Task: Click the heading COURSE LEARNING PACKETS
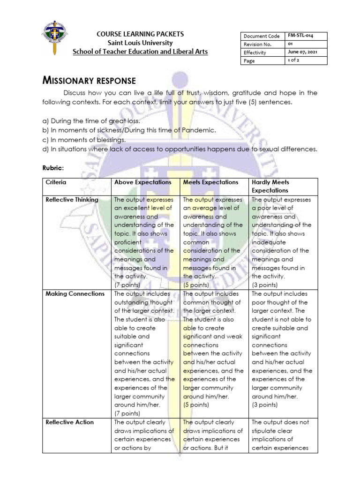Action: pyautogui.click(x=140, y=34)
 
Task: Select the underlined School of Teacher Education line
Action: pyautogui.click(x=140, y=52)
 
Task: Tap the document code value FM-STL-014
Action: pyautogui.click(x=300, y=36)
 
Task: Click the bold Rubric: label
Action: pyautogui.click(x=54, y=167)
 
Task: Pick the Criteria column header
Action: pyautogui.click(x=56, y=182)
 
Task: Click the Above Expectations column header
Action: pyautogui.click(x=143, y=182)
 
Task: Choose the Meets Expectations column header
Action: pyautogui.click(x=210, y=182)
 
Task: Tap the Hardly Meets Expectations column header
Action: pyautogui.click(x=271, y=187)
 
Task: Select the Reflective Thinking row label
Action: pyautogui.click(x=72, y=200)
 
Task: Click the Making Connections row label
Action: pyautogui.click(x=75, y=294)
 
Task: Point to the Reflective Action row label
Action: pyautogui.click(x=69, y=422)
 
